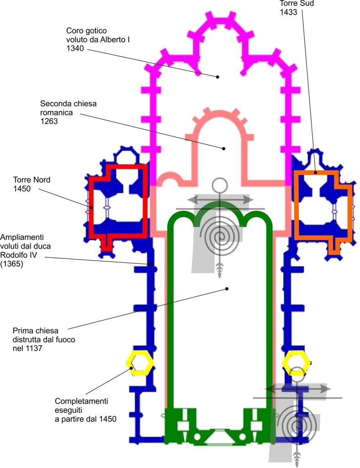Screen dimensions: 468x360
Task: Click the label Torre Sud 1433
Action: click(291, 8)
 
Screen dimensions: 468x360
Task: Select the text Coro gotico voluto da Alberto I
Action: click(98, 35)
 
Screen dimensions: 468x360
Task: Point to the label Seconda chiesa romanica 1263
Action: click(68, 112)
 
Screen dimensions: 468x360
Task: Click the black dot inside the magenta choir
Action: click(218, 76)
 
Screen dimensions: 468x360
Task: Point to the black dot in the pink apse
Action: click(224, 148)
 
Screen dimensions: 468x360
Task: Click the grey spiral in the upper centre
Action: click(221, 235)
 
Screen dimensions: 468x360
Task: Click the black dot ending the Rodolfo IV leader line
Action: click(149, 264)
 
